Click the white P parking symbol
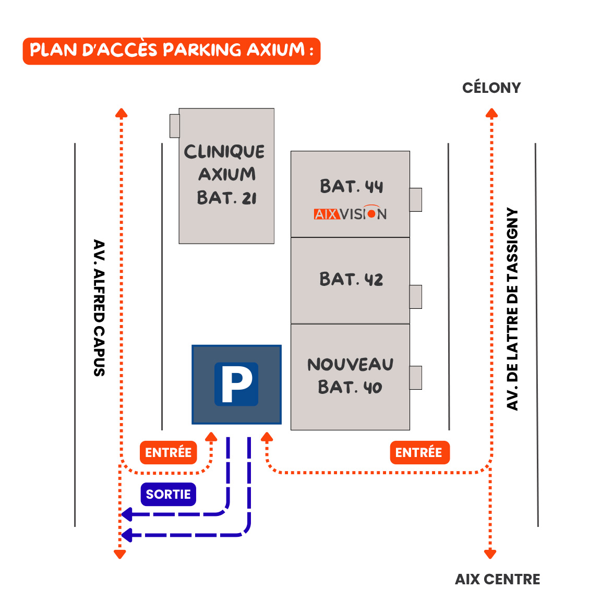[x=236, y=384]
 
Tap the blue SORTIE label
[x=168, y=494]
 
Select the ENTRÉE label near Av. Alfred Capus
[x=168, y=452]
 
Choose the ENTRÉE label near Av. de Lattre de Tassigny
[x=419, y=452]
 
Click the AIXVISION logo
[x=350, y=213]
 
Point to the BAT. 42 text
[x=351, y=279]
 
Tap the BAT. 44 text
[x=351, y=186]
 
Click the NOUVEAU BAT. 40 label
[x=350, y=376]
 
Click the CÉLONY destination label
[x=491, y=88]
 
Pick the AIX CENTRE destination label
[x=497, y=579]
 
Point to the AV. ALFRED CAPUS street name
[x=99, y=308]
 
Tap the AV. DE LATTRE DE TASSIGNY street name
[x=513, y=309]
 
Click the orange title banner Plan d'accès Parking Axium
[x=171, y=51]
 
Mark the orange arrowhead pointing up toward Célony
[x=491, y=113]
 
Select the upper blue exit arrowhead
[x=126, y=514]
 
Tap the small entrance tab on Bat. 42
[x=415, y=297]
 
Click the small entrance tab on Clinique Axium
[x=175, y=126]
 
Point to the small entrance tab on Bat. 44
[x=415, y=200]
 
